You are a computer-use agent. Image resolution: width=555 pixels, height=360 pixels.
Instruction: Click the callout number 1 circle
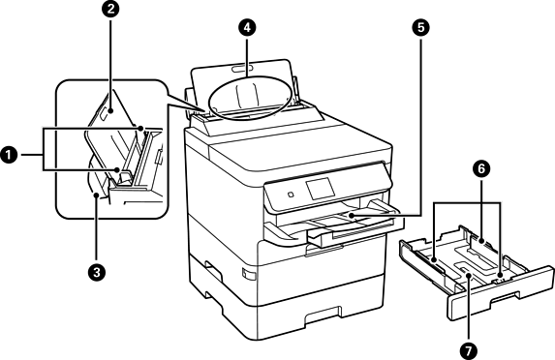9,155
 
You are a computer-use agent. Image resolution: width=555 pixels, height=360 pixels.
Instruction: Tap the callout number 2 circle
111,9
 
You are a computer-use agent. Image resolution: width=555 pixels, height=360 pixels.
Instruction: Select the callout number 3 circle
96,273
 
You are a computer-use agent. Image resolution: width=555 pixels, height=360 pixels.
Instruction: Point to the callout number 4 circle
247,28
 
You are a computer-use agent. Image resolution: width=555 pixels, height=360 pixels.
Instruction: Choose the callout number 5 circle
420,28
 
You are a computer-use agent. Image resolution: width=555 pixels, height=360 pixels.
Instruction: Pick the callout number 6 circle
481,168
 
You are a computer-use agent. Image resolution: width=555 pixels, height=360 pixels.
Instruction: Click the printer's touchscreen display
321,188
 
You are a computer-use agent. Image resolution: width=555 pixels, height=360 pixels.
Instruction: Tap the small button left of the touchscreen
291,195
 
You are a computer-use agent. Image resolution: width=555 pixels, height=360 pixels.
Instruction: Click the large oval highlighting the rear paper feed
209,96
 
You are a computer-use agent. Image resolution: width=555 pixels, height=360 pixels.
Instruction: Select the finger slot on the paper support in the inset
106,113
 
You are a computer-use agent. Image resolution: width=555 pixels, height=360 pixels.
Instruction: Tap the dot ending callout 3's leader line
96,195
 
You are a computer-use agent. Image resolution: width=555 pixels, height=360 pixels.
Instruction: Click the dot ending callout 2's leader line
111,110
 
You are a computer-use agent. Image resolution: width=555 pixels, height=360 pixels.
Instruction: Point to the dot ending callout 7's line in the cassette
468,275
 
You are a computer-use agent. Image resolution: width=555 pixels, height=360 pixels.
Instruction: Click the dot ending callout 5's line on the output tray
351,215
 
